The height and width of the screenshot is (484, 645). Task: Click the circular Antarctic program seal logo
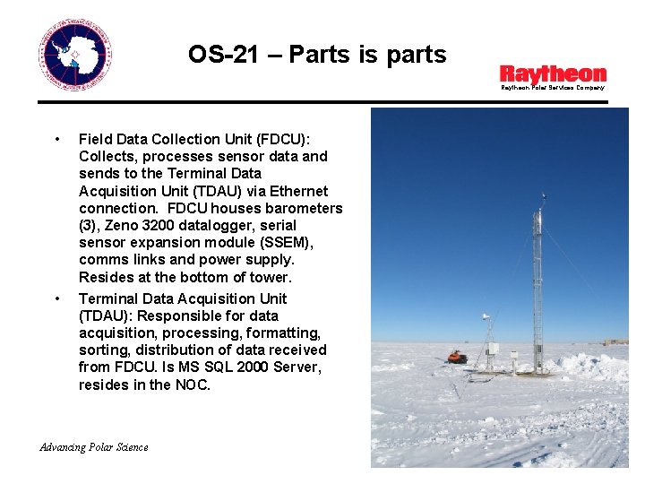[x=75, y=56]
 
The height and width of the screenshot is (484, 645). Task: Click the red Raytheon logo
[x=552, y=73]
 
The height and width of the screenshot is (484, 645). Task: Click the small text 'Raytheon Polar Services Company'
[x=552, y=88]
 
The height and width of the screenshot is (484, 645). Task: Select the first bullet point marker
[x=57, y=139]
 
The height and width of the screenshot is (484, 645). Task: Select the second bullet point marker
[x=57, y=298]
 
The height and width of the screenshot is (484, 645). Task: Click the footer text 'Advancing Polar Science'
[x=95, y=447]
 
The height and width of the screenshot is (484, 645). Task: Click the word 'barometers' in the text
[x=305, y=208]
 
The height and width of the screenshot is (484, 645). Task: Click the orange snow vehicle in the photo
[x=457, y=357]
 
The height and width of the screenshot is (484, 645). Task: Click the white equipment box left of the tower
[x=492, y=350]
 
